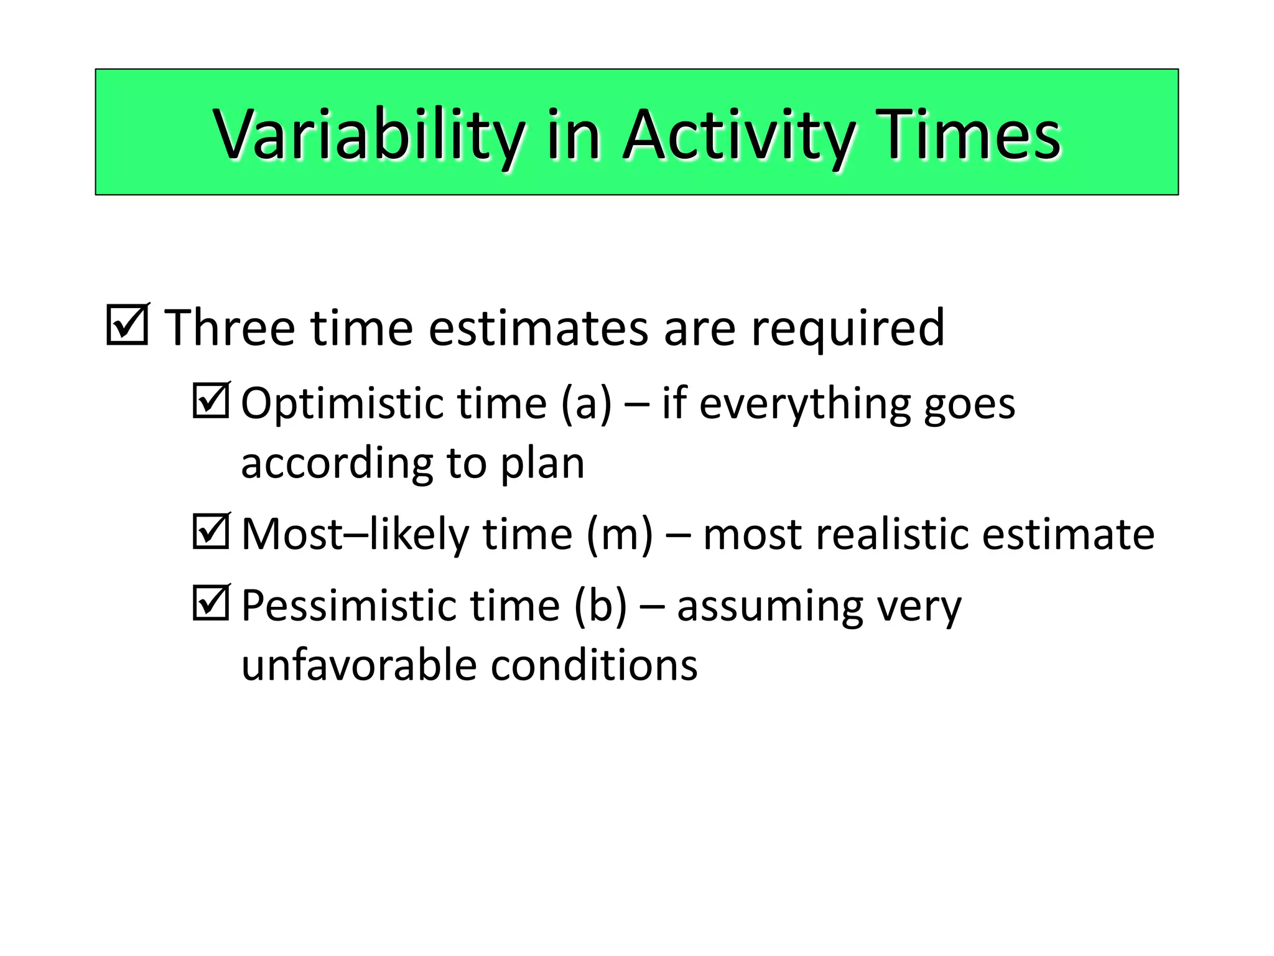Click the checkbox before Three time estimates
pos(128,325)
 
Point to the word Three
pos(230,328)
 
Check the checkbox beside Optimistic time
pos(211,401)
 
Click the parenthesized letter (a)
pos(586,404)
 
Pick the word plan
pos(542,464)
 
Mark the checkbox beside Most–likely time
pos(211,532)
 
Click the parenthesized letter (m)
pos(620,535)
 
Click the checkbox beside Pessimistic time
pos(211,603)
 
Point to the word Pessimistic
pos(348,606)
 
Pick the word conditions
pos(594,665)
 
